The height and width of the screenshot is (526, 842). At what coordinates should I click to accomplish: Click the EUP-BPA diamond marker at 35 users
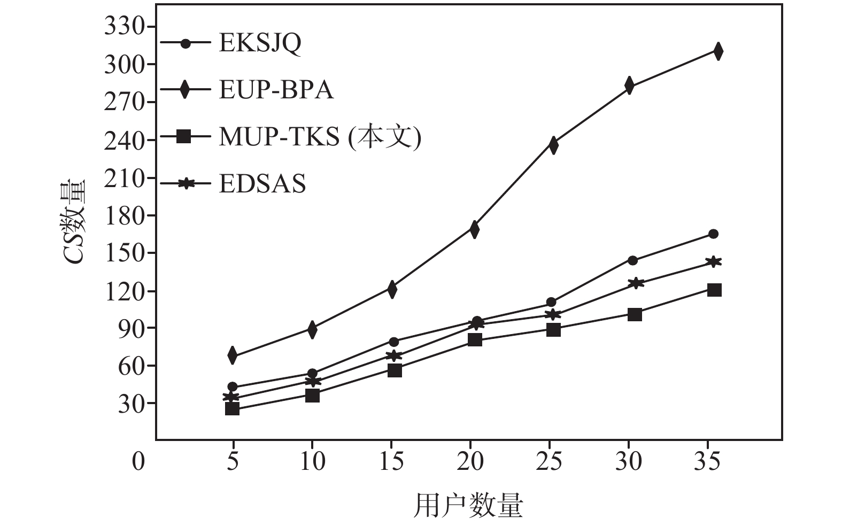coord(718,51)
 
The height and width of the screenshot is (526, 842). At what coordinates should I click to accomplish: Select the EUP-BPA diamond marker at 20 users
coord(474,229)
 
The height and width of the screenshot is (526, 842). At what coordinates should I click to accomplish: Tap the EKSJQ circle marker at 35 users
coord(713,234)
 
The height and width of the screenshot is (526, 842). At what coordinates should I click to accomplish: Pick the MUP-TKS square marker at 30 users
coord(635,314)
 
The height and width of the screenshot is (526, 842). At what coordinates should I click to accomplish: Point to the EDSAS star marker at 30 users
coord(635,282)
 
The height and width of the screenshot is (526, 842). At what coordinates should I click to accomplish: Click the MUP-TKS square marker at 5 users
coord(232,409)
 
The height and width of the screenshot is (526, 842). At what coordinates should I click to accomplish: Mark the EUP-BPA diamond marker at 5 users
coord(233,355)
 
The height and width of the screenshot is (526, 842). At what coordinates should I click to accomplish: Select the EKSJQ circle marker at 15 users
coord(394,342)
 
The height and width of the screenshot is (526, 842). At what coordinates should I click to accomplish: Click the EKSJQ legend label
coord(260,43)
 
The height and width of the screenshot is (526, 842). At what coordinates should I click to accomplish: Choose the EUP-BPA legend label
coord(276,90)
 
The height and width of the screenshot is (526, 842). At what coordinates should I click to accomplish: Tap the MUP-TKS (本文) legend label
coord(320,137)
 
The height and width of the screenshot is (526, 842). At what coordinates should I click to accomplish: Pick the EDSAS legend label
coord(262,184)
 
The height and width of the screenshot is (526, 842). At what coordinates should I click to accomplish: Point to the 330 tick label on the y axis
coord(123,26)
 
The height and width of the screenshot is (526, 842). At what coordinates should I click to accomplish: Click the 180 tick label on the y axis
coord(123,215)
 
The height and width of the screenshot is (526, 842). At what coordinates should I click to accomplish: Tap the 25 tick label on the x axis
coord(549,460)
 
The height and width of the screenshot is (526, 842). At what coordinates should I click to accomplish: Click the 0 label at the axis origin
coord(138,461)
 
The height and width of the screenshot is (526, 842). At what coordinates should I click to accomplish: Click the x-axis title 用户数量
coord(468,505)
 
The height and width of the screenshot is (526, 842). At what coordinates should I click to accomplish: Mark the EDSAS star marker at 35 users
coord(713,261)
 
